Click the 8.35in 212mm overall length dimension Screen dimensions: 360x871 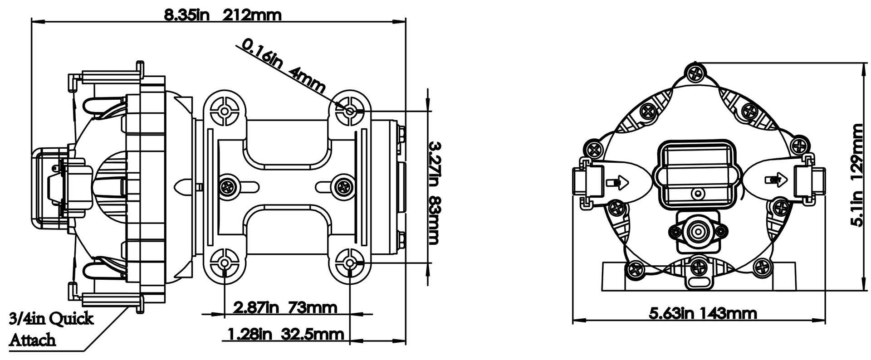[222, 15]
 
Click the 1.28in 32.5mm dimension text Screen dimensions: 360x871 [285, 335]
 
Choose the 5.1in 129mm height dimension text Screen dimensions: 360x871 [857, 175]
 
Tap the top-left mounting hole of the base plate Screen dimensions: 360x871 [225, 111]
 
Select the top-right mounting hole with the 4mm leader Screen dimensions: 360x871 [349, 111]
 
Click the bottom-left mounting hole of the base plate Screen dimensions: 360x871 [225, 263]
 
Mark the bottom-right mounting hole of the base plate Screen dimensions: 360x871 [349, 263]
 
